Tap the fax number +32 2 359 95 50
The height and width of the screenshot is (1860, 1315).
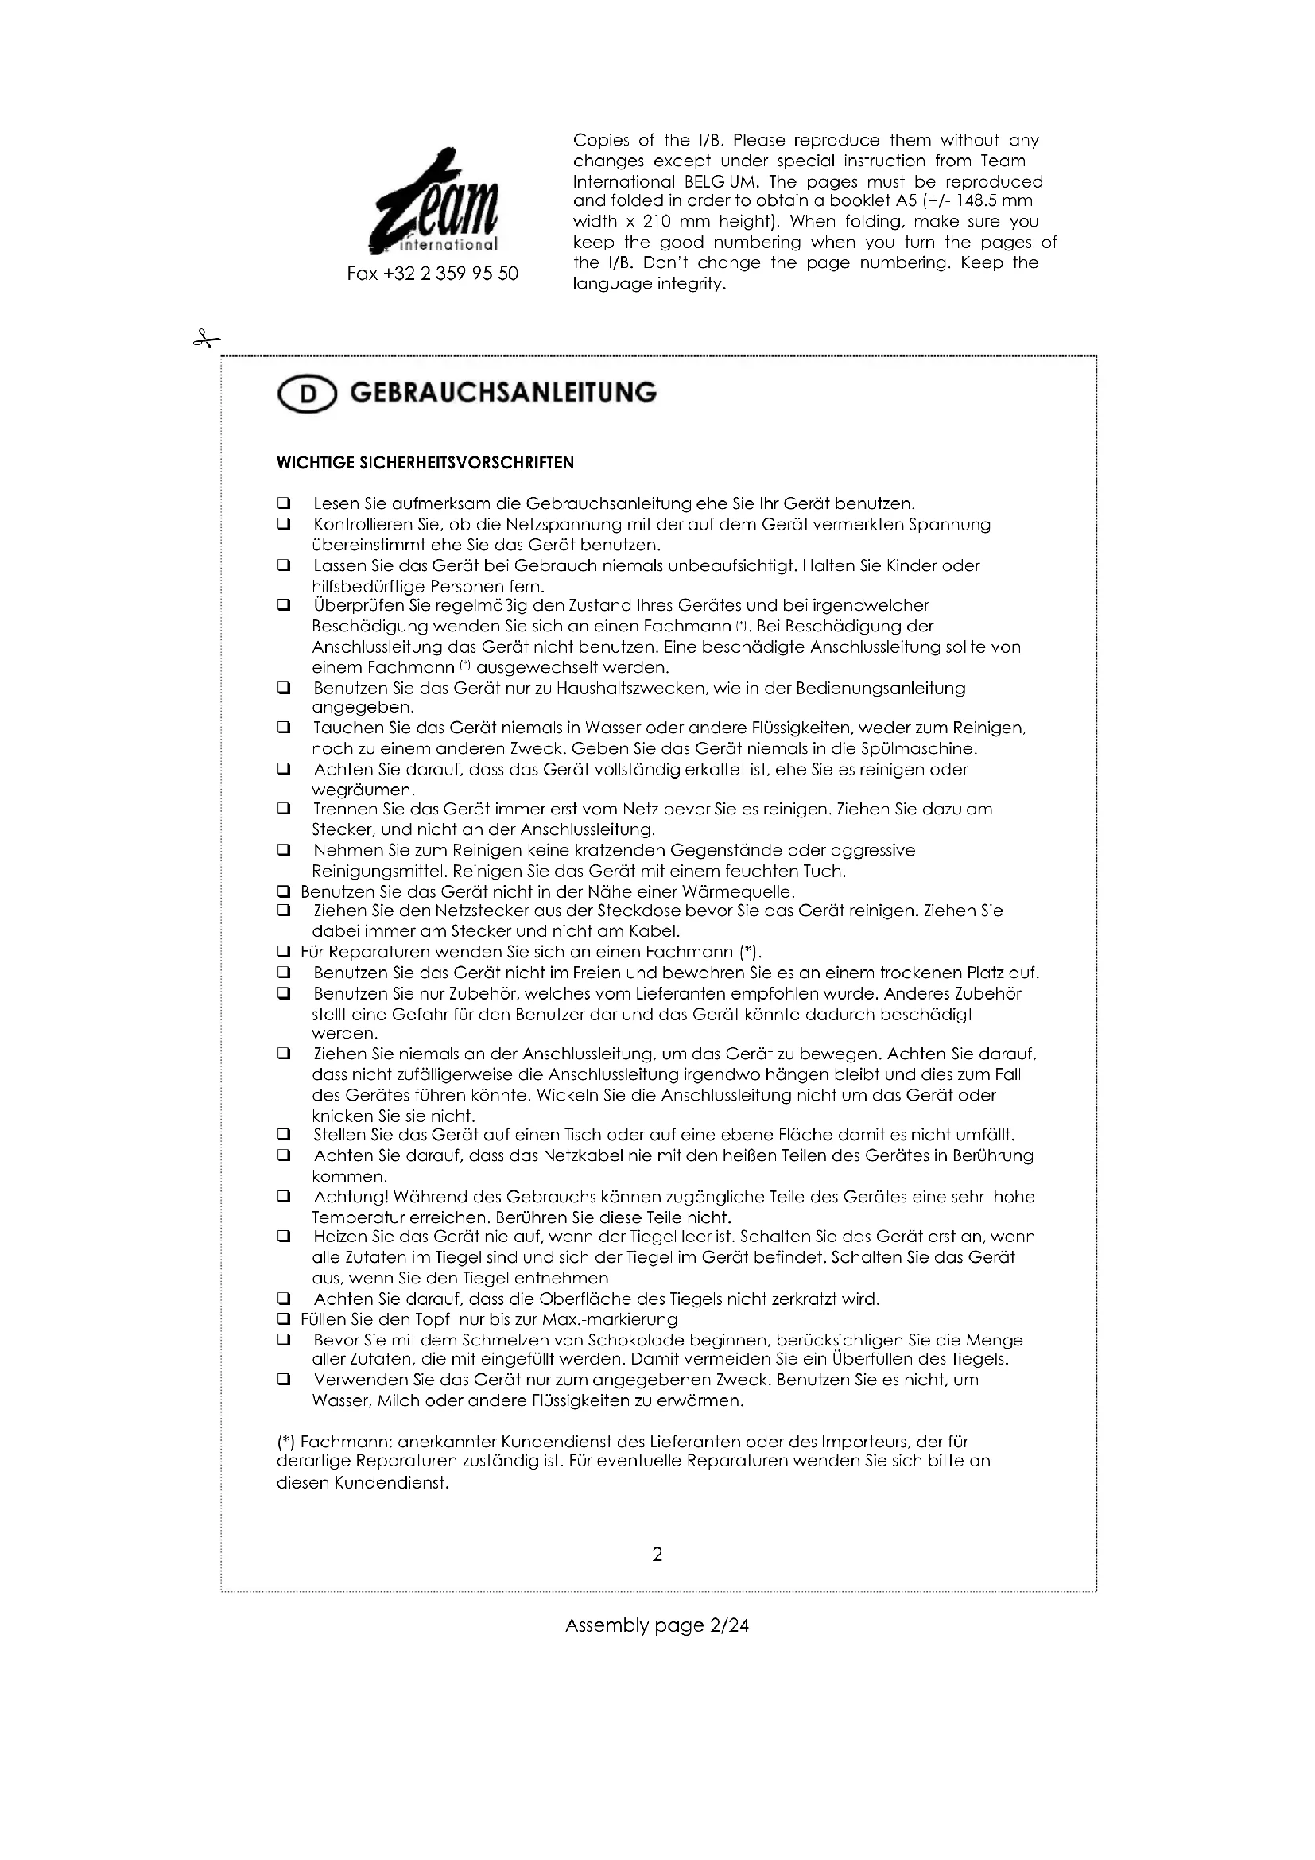(433, 274)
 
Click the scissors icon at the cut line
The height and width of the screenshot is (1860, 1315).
(207, 340)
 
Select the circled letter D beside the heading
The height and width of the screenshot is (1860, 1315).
(307, 394)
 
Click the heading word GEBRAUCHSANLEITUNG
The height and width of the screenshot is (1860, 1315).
(502, 393)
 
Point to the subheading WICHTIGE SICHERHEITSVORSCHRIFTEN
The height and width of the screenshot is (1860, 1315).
(425, 463)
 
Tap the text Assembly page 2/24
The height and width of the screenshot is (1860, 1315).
(657, 1625)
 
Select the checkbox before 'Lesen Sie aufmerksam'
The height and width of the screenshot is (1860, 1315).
(283, 503)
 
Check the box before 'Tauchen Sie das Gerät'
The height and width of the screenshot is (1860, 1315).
(283, 728)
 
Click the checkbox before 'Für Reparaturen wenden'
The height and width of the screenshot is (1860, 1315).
(283, 952)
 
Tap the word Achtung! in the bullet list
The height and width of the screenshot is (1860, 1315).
(353, 1197)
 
